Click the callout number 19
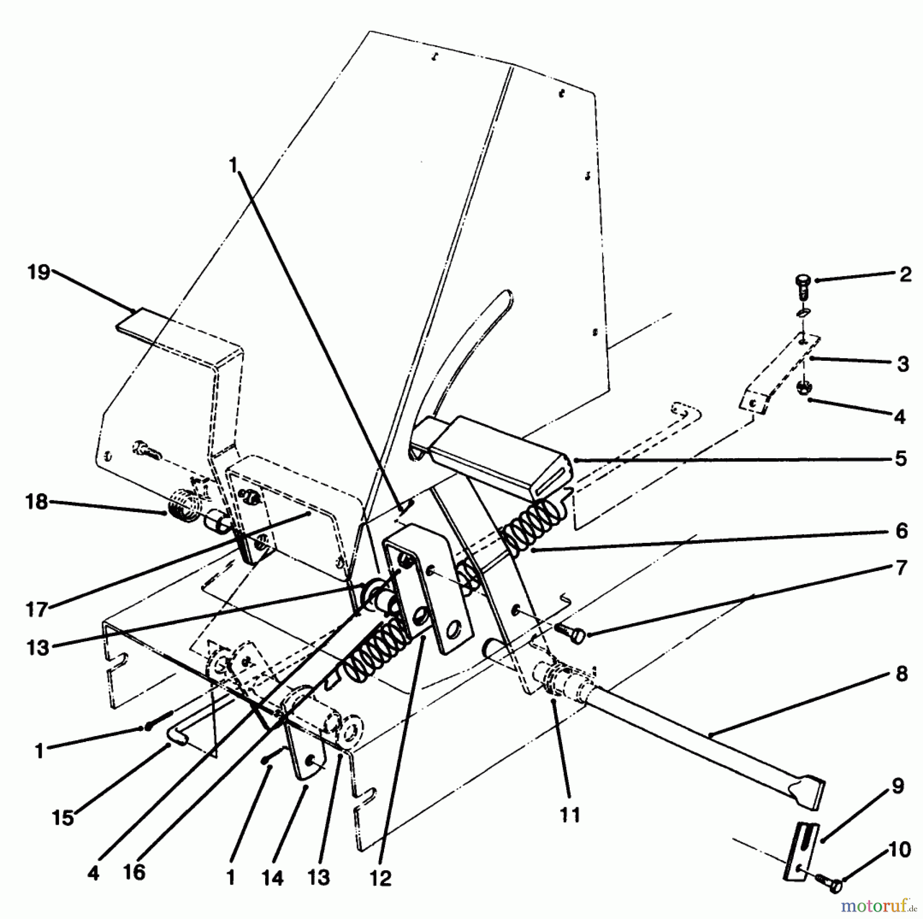(x=39, y=273)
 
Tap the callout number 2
(x=906, y=275)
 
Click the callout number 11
(x=570, y=814)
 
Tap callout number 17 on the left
(x=36, y=610)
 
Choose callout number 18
(x=37, y=502)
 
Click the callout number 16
(x=134, y=872)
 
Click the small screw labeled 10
(x=833, y=883)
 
